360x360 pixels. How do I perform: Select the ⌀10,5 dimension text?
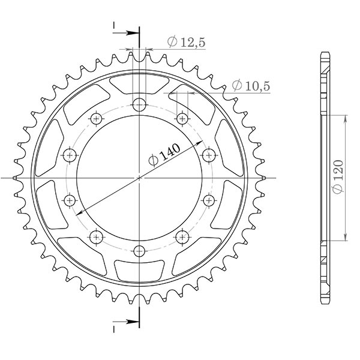251,86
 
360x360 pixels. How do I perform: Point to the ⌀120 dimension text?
337,177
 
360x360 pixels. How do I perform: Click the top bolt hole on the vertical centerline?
139,103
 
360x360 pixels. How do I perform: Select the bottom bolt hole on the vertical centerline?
139,251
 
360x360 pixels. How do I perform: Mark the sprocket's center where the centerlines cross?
139,178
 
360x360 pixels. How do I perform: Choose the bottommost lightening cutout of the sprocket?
139,272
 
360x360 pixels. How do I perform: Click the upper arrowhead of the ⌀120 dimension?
346,118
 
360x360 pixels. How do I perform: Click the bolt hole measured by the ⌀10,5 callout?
181,118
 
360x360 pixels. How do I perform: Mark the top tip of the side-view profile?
324,53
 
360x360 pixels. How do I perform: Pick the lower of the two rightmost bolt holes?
208,199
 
